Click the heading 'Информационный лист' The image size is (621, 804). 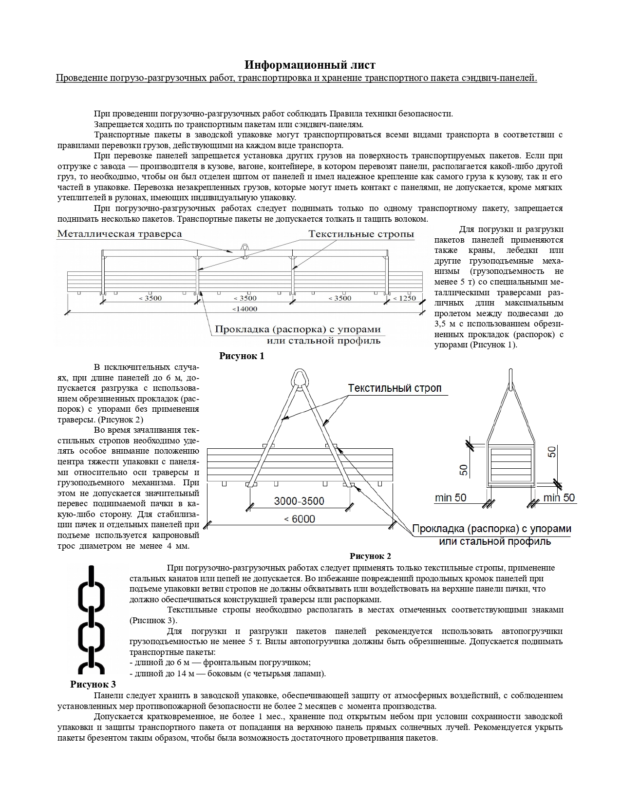tap(310, 65)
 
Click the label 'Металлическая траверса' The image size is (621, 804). tap(119, 234)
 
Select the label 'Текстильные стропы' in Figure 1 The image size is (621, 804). tap(361, 234)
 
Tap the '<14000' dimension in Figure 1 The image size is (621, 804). tap(245, 308)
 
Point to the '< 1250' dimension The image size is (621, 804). tap(404, 298)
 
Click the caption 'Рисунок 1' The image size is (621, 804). tap(242, 356)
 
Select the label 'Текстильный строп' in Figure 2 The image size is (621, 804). tap(395, 388)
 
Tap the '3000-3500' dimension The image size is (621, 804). tap(299, 501)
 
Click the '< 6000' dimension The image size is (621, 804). tap(300, 519)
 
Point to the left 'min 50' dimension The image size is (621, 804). tap(451, 498)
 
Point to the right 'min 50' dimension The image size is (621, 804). tap(559, 498)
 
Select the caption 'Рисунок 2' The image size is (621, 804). tap(370, 556)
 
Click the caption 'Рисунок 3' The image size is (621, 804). tap(93, 684)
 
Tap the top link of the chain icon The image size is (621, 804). tap(92, 587)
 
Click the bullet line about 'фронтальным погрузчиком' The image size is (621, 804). tap(220, 663)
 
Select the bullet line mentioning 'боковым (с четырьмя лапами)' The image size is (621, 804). tap(228, 673)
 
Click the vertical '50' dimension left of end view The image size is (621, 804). tap(464, 469)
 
